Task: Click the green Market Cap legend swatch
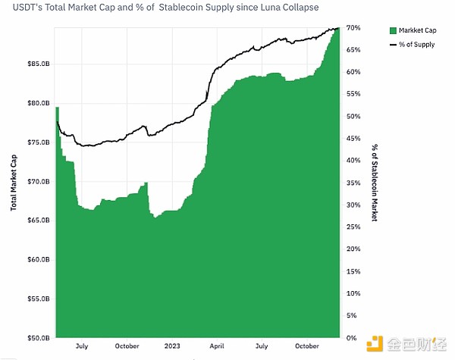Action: tap(392, 30)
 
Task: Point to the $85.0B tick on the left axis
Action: tap(39, 64)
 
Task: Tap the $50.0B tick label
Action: tap(39, 338)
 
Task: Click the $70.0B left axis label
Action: tap(39, 181)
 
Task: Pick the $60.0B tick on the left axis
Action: tap(39, 259)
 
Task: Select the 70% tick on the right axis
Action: tap(352, 28)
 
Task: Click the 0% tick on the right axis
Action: tap(350, 338)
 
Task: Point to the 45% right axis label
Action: tap(352, 139)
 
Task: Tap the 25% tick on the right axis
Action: tap(352, 227)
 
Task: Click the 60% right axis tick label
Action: tap(352, 72)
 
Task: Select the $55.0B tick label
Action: tap(39, 299)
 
